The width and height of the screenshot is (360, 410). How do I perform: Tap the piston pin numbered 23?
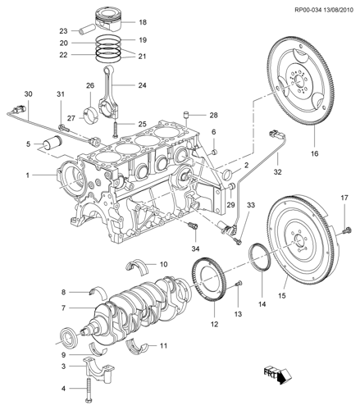87,30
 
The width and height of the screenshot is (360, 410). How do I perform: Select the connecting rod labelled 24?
109,91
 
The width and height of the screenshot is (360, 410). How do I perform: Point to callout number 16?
314,153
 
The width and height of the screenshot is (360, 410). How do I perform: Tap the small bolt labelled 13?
239,284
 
